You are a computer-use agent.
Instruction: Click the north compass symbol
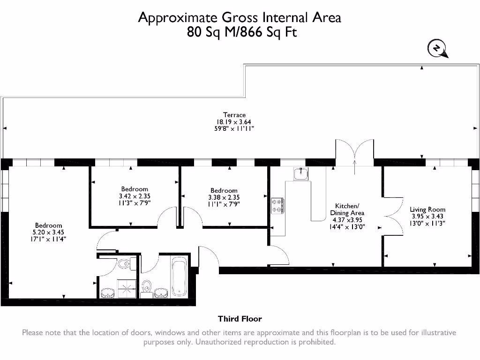pos(436,48)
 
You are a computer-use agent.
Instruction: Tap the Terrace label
pos(234,115)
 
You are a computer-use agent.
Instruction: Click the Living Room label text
pos(427,210)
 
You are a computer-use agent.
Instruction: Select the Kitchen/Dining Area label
pos(347,210)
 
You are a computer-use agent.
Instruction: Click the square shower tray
pos(125,287)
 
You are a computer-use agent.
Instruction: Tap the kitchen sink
pos(300,174)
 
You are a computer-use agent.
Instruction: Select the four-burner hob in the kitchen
pos(277,205)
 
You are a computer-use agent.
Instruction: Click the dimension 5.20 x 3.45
pos(48,232)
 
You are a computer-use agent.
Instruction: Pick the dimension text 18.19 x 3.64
pos(234,121)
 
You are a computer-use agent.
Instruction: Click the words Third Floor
pos(240,319)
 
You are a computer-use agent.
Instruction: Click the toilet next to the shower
pos(124,264)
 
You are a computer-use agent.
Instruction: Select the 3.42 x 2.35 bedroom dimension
pos(135,196)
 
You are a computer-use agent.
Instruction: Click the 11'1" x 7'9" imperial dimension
pos(224,203)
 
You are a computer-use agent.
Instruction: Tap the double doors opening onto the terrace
pos(354,151)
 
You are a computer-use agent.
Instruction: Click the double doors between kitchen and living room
pos(392,216)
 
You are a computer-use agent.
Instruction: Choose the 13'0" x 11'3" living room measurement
pos(427,223)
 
